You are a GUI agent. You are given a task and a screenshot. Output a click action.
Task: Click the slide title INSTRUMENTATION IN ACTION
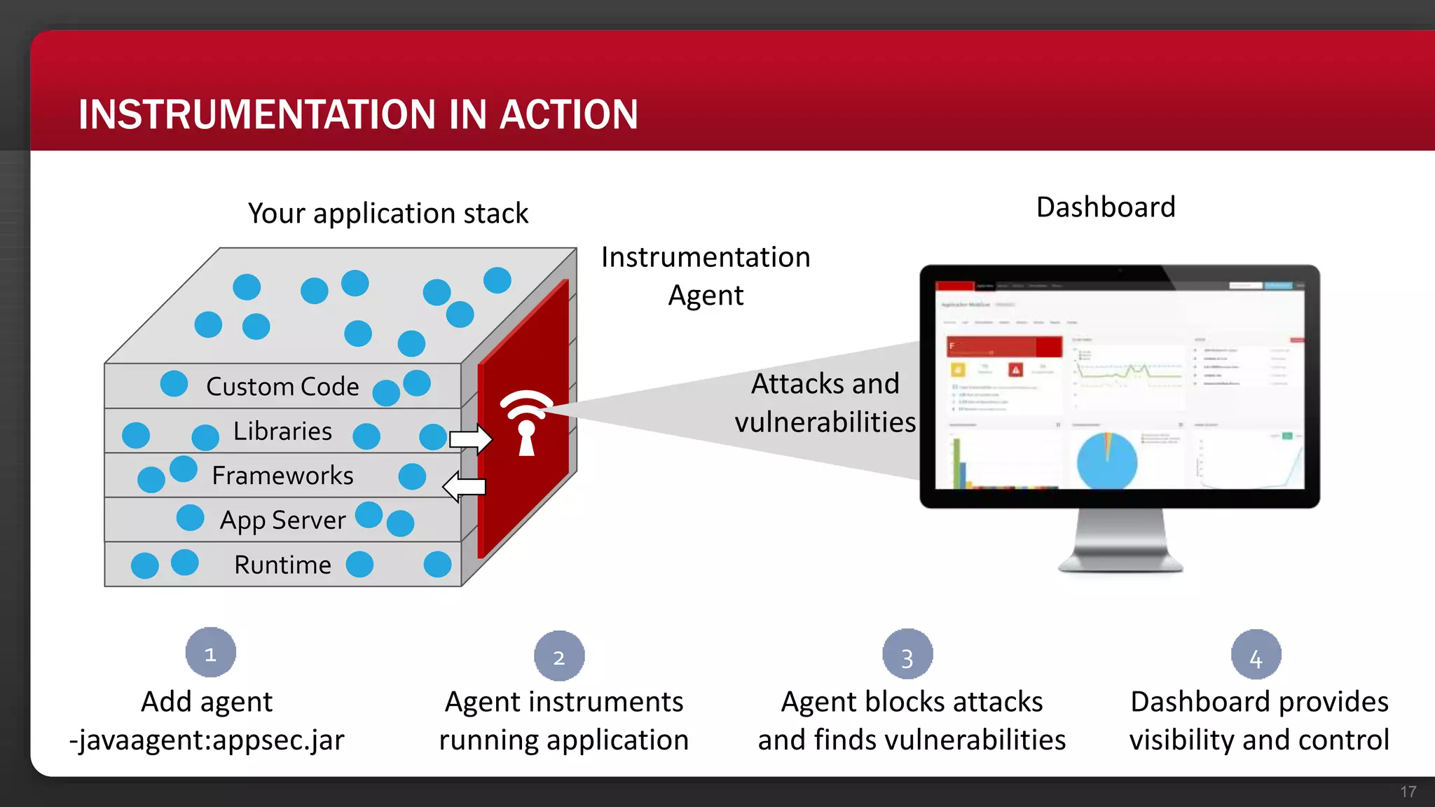(358, 114)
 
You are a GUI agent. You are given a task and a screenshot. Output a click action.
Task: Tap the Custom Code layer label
(282, 387)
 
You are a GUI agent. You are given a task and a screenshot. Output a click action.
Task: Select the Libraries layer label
(282, 432)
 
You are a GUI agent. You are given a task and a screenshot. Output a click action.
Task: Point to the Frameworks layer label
(282, 476)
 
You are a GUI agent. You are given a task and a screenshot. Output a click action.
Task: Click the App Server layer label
(282, 520)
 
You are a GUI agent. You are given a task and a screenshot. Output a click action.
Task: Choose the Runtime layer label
(282, 565)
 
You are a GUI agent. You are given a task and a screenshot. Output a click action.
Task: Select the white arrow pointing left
(464, 486)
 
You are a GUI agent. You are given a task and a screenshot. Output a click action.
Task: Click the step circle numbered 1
(210, 653)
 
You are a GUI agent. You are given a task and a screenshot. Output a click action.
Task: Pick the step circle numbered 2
(559, 656)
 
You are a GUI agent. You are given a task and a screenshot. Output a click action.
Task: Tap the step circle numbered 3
(907, 655)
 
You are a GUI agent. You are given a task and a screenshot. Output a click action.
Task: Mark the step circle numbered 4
(1256, 656)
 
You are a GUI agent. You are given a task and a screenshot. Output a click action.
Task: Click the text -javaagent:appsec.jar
(207, 740)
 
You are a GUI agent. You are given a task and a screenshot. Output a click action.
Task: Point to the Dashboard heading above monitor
(1106, 207)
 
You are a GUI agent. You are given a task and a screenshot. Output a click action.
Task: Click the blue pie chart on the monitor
(1106, 460)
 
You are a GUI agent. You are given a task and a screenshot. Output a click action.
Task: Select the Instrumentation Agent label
(706, 276)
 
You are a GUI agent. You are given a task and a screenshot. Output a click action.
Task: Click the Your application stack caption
(387, 213)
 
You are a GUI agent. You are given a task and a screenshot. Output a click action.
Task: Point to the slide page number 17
(1408, 792)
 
